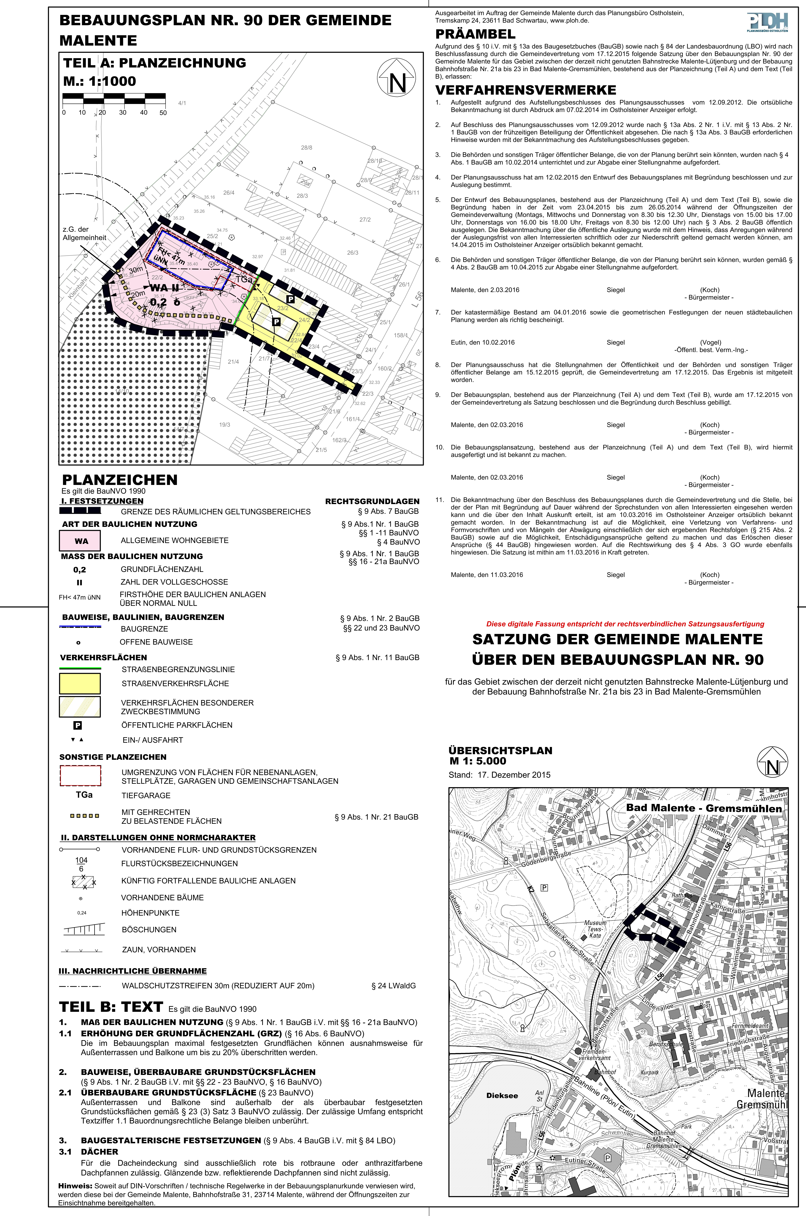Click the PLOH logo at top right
(768, 23)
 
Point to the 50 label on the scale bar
(163, 113)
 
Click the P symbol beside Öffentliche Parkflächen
(78, 725)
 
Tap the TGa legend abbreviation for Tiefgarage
(84, 795)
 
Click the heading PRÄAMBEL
(475, 34)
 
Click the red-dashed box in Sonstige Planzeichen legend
(80, 776)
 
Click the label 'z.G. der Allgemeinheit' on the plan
(84, 233)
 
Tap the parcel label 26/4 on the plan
(229, 193)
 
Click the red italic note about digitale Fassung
(625, 624)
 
